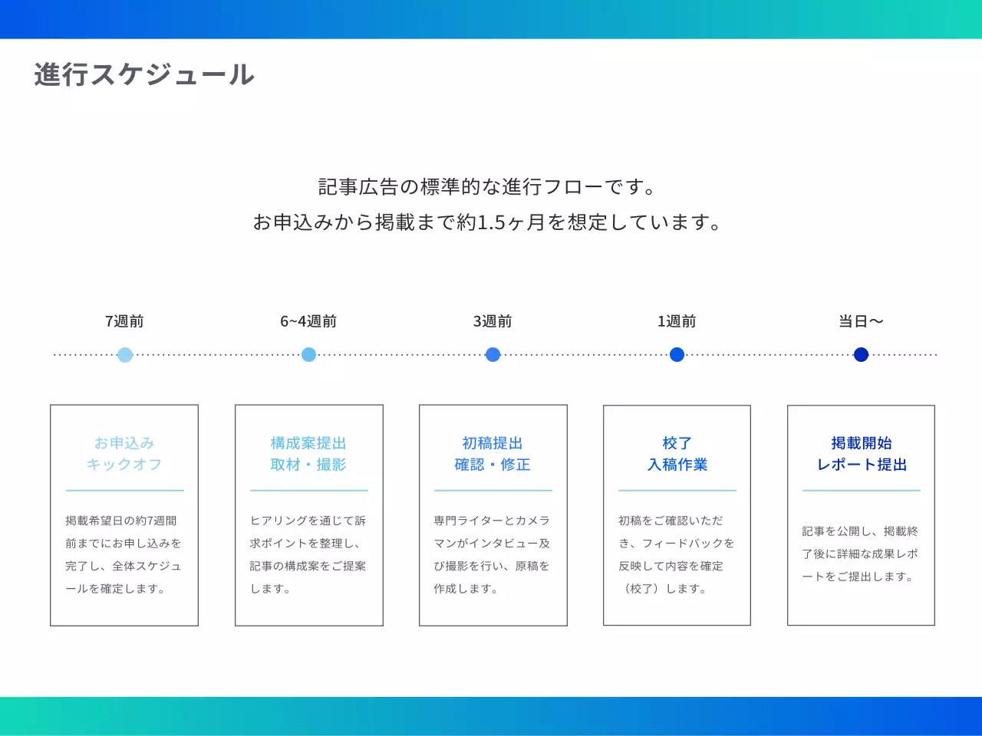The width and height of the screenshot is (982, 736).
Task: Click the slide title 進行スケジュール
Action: click(x=144, y=74)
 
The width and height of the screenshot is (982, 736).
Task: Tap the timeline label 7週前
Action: click(x=124, y=321)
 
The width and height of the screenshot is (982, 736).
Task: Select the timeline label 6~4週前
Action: click(x=308, y=321)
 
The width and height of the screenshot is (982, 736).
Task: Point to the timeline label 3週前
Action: click(x=493, y=321)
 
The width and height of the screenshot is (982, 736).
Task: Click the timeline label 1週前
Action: click(x=677, y=321)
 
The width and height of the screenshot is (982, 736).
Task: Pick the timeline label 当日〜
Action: click(x=861, y=321)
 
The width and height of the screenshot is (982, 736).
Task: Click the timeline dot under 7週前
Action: click(x=125, y=355)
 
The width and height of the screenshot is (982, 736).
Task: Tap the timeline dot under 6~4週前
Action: click(x=309, y=355)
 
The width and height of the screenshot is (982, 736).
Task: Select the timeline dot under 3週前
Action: click(x=493, y=355)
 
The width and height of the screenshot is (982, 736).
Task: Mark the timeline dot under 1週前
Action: click(x=677, y=355)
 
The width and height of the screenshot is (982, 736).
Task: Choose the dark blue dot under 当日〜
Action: click(x=861, y=355)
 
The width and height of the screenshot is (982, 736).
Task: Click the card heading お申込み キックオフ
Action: click(x=124, y=454)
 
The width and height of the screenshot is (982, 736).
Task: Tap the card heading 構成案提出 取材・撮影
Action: click(x=308, y=454)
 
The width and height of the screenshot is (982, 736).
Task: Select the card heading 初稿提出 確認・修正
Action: click(x=493, y=454)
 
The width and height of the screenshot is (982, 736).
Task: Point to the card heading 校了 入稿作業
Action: click(x=677, y=454)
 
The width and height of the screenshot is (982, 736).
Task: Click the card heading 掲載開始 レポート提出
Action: click(x=861, y=454)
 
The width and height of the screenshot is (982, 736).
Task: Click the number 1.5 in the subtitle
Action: click(x=491, y=223)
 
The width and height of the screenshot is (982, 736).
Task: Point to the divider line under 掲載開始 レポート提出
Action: click(x=861, y=491)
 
